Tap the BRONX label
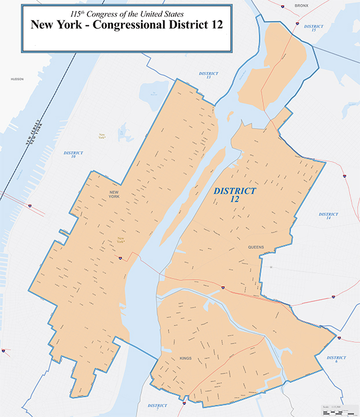tap(301, 5)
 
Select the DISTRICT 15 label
tap(313, 28)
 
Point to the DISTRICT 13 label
tap(208, 75)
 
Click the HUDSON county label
tap(17, 79)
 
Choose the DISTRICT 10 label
tap(74, 155)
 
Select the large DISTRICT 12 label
tap(234, 195)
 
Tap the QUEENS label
tap(256, 247)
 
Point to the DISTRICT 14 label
tap(328, 216)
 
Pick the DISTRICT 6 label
tap(336, 360)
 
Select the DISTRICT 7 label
tap(157, 407)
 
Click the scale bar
tap(339, 409)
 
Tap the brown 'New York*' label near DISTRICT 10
tap(102, 137)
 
